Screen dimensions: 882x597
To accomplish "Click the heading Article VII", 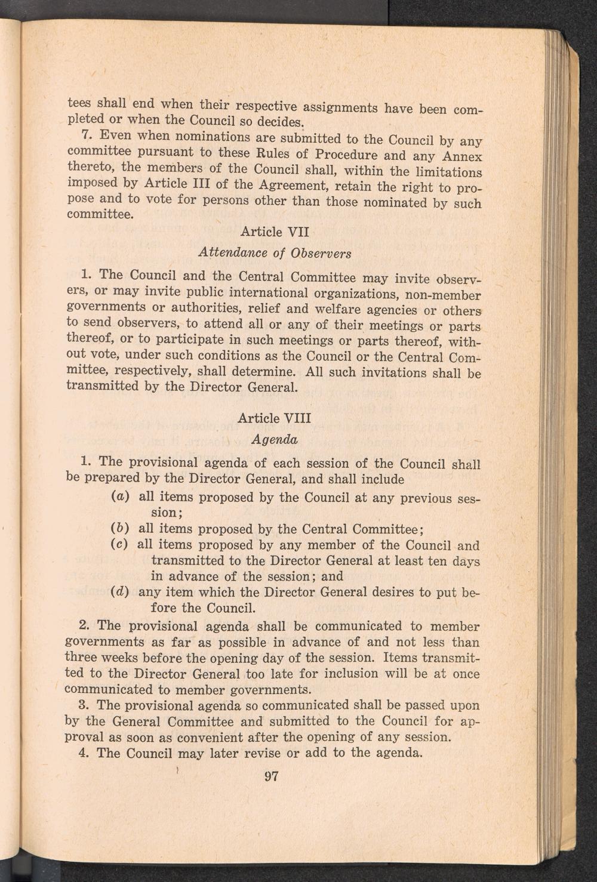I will [274, 231].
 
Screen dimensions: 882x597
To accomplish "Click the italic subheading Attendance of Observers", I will [274, 252].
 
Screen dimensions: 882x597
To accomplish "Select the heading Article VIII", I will [274, 418].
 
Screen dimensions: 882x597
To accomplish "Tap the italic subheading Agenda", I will [274, 440].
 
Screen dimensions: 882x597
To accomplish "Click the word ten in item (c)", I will [418, 561].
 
